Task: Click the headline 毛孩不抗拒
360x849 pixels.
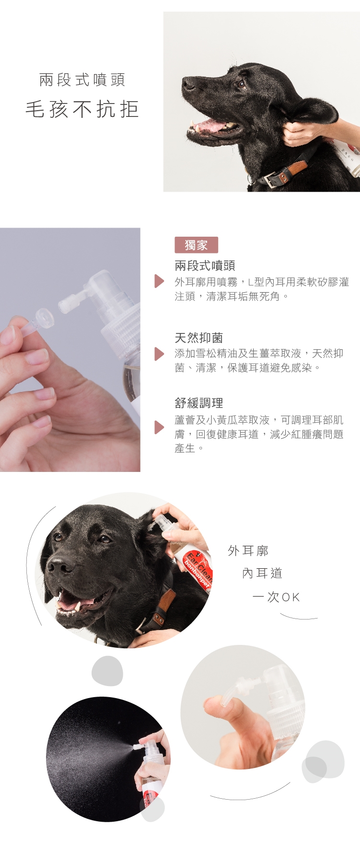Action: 82,110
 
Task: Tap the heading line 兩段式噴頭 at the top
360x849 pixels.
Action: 82,80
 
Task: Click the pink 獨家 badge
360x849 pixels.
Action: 196,245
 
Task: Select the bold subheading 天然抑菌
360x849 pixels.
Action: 198,338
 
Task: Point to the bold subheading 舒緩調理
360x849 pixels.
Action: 198,403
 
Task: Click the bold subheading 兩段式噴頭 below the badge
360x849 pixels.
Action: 205,265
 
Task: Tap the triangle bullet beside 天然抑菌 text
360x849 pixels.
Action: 159,354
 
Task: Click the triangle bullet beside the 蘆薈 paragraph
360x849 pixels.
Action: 159,427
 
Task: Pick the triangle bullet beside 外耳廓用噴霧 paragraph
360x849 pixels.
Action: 159,281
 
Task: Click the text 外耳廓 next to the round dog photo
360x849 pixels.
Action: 248,551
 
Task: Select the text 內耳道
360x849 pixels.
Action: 262,573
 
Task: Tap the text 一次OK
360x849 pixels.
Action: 276,597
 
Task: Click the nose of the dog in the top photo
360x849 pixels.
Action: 188,84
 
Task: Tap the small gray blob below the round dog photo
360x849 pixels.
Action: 107,671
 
